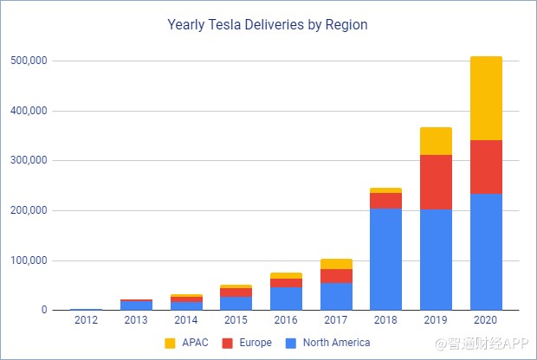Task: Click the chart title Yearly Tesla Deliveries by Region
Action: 267,25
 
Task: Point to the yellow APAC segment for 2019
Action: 437,141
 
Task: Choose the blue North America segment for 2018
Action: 385,259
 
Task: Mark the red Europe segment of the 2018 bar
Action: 385,201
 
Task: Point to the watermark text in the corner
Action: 483,344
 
